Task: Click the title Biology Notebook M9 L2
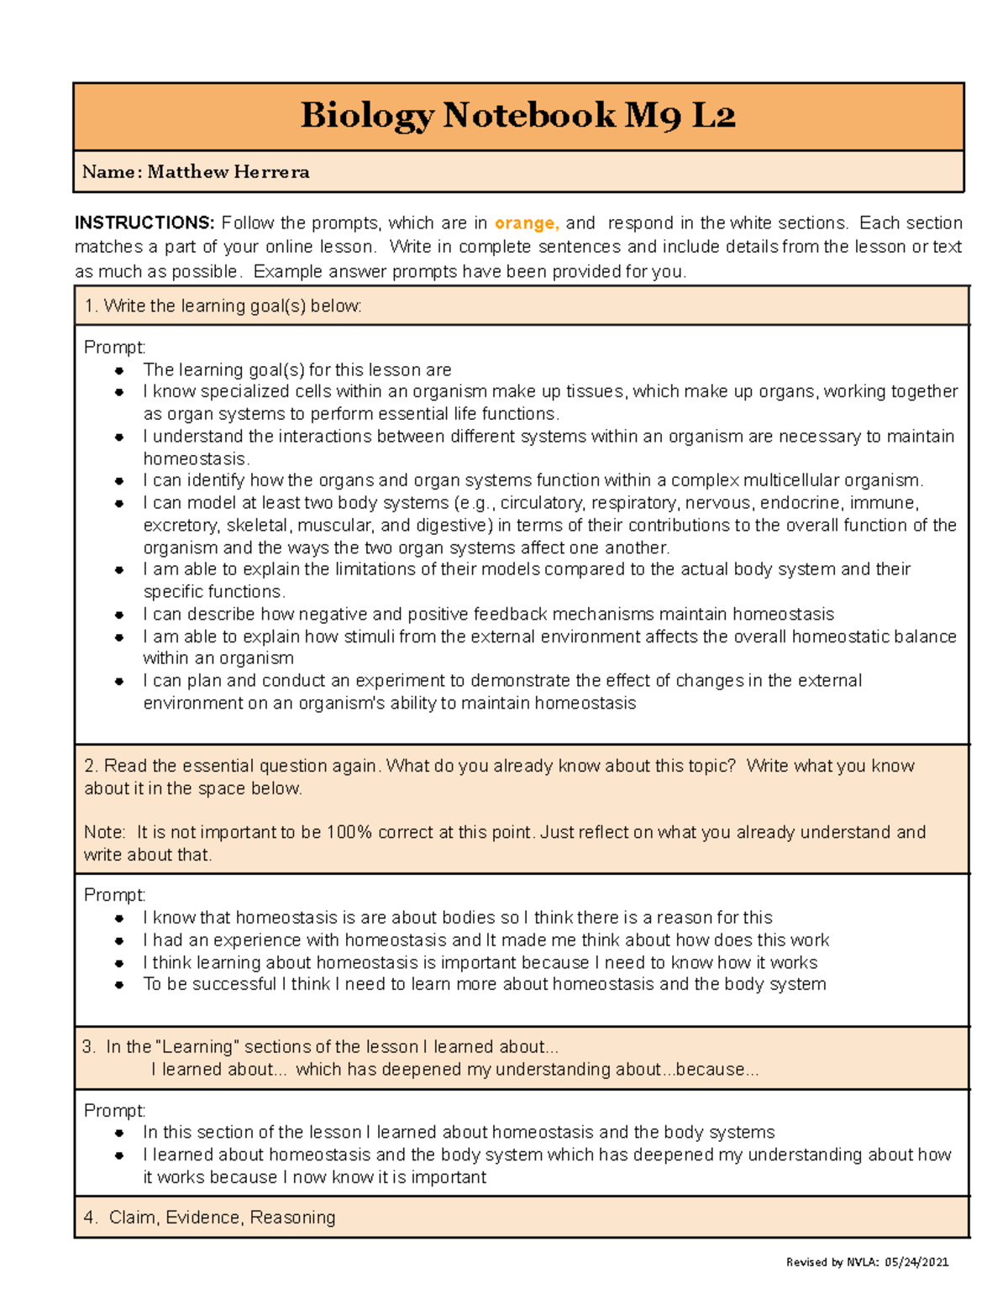[x=517, y=115]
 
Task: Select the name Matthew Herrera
[x=228, y=172]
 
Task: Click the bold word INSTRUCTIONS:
[x=144, y=223]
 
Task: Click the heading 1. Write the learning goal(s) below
[x=223, y=306]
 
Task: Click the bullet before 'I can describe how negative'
[x=120, y=615]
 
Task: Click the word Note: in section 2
[x=105, y=832]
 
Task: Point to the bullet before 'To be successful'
[x=120, y=985]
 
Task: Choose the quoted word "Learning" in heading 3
[x=198, y=1047]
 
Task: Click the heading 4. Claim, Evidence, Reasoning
[x=210, y=1218]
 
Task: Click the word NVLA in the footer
[x=861, y=1262]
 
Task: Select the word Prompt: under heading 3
[x=114, y=1111]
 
